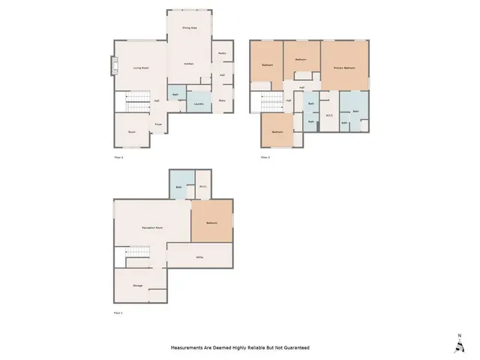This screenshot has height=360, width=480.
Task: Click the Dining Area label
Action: [x=189, y=28]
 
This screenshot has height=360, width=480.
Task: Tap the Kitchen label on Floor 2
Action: [x=189, y=64]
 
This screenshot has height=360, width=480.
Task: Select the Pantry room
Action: [x=223, y=54]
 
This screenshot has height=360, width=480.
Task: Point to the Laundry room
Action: [x=199, y=104]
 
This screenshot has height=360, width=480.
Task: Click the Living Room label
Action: [x=140, y=68]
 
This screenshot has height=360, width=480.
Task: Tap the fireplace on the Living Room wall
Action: [x=114, y=67]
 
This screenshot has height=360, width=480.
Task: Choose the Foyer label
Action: [x=158, y=124]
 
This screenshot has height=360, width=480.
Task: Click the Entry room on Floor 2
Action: [x=223, y=100]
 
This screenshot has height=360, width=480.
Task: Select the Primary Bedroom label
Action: [x=344, y=68]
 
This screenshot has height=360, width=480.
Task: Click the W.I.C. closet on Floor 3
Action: [x=329, y=115]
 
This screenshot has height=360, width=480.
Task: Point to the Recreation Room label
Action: [x=153, y=227]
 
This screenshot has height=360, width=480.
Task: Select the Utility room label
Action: [x=200, y=258]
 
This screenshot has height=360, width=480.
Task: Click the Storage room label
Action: [x=137, y=285]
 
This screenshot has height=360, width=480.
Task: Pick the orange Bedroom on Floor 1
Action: [x=212, y=222]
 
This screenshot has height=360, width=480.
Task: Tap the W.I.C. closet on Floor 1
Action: [x=203, y=187]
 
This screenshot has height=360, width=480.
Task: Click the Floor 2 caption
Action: [x=118, y=157]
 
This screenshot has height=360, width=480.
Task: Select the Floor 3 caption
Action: [x=265, y=157]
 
